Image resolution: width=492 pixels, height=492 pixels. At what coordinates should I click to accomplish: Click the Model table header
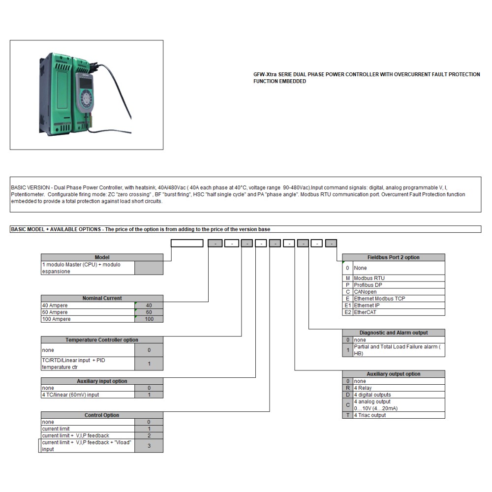[102, 257]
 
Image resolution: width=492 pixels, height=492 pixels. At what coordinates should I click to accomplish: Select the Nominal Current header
[102, 298]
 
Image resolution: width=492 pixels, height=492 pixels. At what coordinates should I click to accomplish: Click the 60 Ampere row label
[88, 312]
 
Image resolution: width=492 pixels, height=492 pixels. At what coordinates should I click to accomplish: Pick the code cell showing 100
[149, 319]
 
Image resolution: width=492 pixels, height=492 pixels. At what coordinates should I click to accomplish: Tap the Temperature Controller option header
[102, 340]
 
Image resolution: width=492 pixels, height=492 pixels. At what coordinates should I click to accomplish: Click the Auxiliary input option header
[102, 381]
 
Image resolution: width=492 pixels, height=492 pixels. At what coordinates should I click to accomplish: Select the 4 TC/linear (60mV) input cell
[88, 395]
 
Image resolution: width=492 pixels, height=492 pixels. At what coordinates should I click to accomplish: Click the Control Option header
[102, 415]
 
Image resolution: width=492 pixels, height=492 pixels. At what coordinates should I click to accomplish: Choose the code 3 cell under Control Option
[149, 446]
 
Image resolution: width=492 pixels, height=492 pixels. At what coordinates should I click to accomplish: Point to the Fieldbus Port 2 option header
[394, 257]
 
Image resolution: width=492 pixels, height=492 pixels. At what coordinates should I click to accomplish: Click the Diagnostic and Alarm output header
[394, 333]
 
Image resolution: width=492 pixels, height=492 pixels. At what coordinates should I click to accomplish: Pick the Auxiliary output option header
[394, 374]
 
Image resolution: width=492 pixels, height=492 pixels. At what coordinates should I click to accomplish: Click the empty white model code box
[187, 243]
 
